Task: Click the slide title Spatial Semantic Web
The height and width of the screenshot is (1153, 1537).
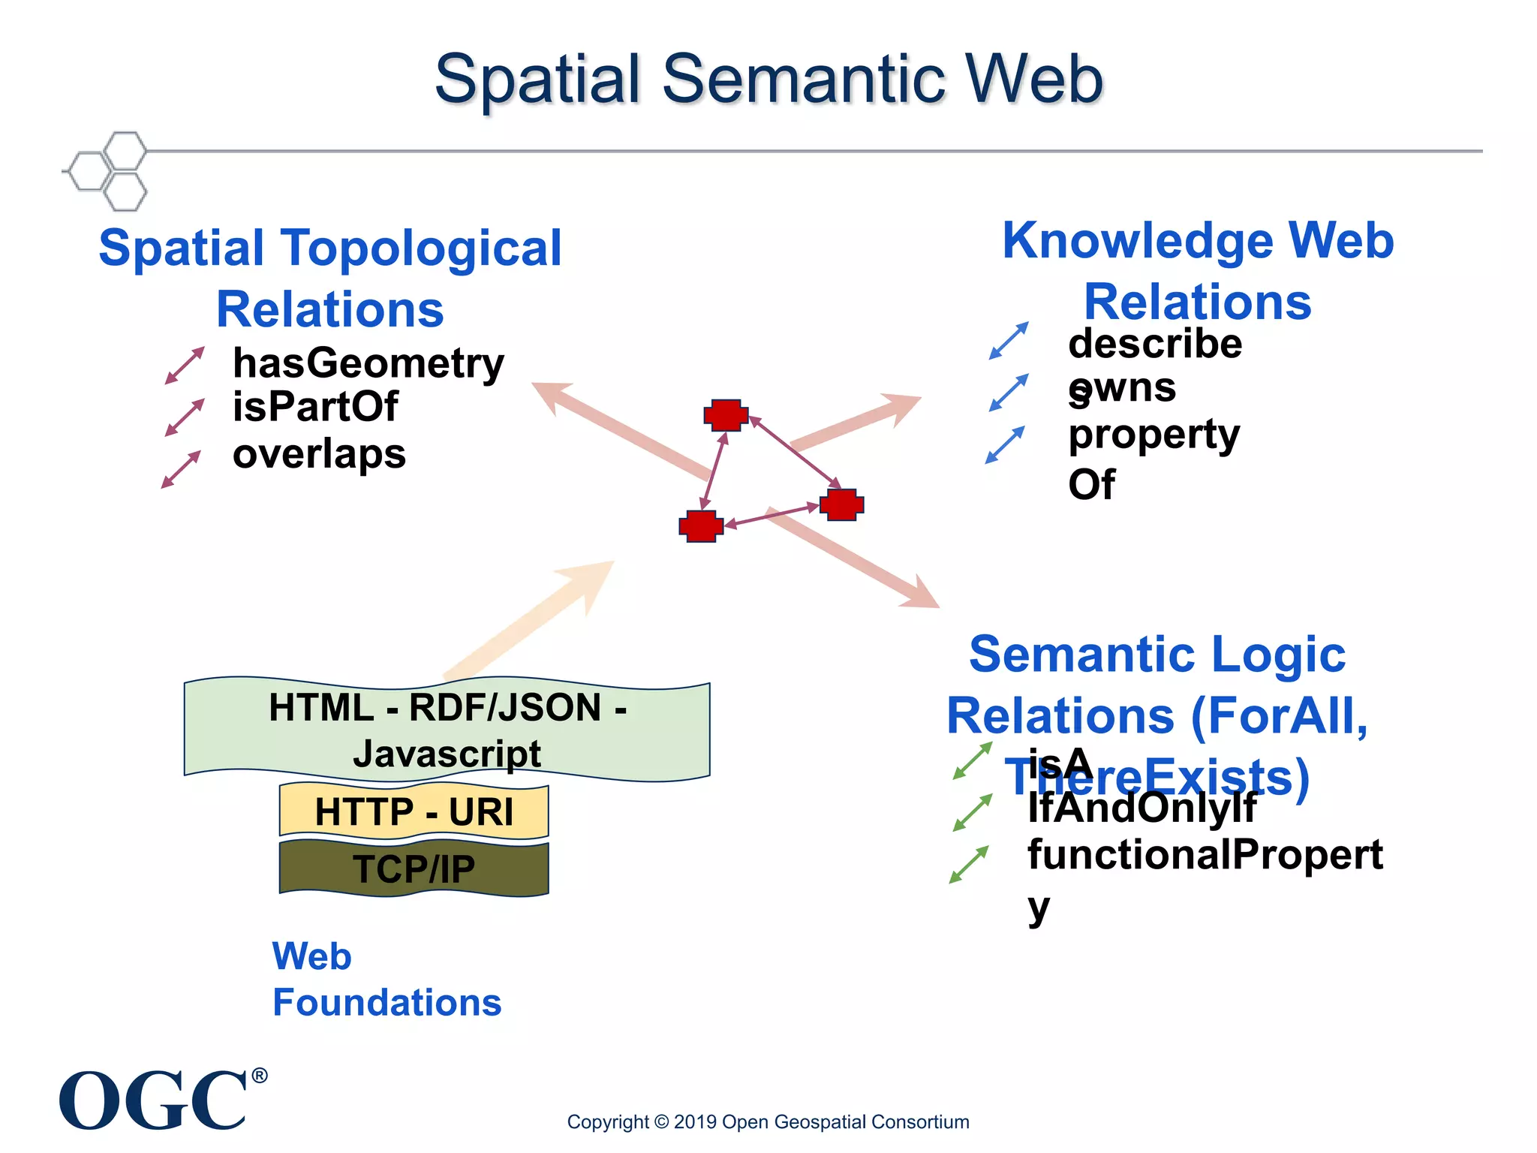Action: click(768, 80)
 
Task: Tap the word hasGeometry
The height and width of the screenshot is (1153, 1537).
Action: click(368, 363)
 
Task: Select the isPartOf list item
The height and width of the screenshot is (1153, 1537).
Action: click(315, 408)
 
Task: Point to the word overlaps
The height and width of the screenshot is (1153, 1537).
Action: click(319, 454)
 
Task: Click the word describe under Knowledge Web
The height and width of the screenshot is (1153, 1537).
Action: click(1155, 344)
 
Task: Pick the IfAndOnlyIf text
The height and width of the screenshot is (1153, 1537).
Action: click(1141, 808)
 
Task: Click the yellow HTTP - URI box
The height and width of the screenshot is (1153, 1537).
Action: click(414, 811)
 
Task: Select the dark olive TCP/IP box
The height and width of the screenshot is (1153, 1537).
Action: click(414, 869)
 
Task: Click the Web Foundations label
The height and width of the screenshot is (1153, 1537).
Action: click(387, 980)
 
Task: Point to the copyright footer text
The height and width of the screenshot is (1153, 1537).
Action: click(768, 1122)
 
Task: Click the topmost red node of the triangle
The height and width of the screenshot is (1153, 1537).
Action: click(726, 415)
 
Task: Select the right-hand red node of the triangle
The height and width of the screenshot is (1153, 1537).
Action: click(841, 504)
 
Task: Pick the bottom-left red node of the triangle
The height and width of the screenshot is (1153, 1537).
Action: click(701, 526)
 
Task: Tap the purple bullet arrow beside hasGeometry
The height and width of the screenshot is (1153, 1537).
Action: click(185, 366)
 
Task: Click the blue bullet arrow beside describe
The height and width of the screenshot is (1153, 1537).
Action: click(1009, 341)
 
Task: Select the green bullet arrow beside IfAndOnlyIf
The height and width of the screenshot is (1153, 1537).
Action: click(973, 813)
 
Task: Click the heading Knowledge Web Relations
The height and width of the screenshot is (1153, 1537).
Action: click(1198, 271)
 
